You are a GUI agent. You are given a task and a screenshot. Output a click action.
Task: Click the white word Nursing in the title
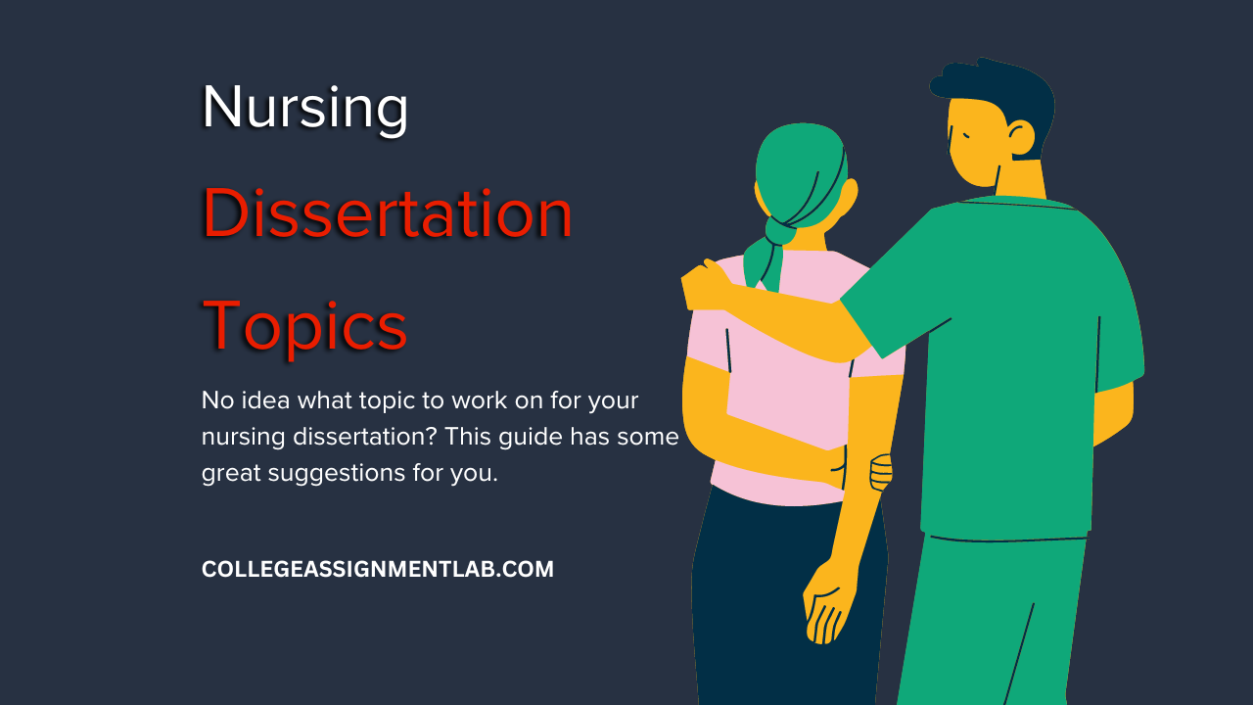304,109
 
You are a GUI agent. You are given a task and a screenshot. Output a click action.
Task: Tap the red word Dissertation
387,213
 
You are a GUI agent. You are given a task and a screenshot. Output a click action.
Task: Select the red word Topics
304,327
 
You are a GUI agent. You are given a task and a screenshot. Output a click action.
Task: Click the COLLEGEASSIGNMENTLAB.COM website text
378,569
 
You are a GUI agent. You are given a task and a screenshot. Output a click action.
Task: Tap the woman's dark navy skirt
789,598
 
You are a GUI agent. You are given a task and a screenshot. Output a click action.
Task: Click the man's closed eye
965,135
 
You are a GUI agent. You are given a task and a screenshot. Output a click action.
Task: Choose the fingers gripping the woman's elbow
880,472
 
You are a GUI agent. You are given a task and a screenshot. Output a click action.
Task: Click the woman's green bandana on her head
800,167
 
